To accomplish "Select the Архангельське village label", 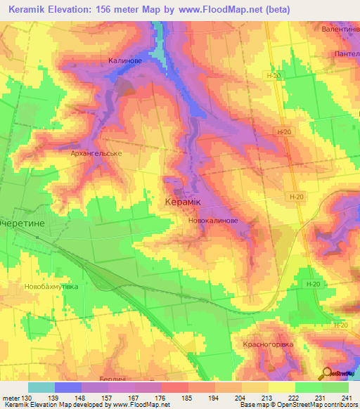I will tap(97, 152).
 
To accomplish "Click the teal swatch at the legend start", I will tap(41, 387).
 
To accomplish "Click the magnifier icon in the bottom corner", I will tap(328, 372).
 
